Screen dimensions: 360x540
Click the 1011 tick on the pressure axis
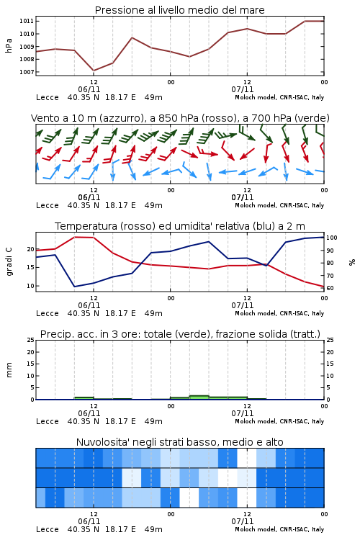pos(27,21)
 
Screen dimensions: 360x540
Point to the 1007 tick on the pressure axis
pos(27,72)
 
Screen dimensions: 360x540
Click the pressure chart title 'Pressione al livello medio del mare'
pos(180,10)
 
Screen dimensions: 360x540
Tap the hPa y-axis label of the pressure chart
pos(9,45)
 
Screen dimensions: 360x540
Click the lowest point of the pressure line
pos(94,71)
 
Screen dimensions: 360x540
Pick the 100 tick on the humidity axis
pos(332,238)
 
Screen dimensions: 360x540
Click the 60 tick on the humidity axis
pos(330,288)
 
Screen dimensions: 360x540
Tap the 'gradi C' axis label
pos(9,261)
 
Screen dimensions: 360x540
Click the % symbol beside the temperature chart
pos(352,262)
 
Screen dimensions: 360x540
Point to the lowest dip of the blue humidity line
pos(74,287)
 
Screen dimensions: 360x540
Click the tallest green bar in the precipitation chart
pos(199,397)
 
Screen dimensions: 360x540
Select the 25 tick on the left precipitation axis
pos(31,340)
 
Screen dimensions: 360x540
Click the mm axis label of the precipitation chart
pos(9,370)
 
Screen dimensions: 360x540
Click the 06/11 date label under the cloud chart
pos(89,521)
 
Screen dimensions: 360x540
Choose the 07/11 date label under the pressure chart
pos(243,89)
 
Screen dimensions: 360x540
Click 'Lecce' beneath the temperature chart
pos(48,313)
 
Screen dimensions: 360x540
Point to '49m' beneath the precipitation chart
pos(153,421)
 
